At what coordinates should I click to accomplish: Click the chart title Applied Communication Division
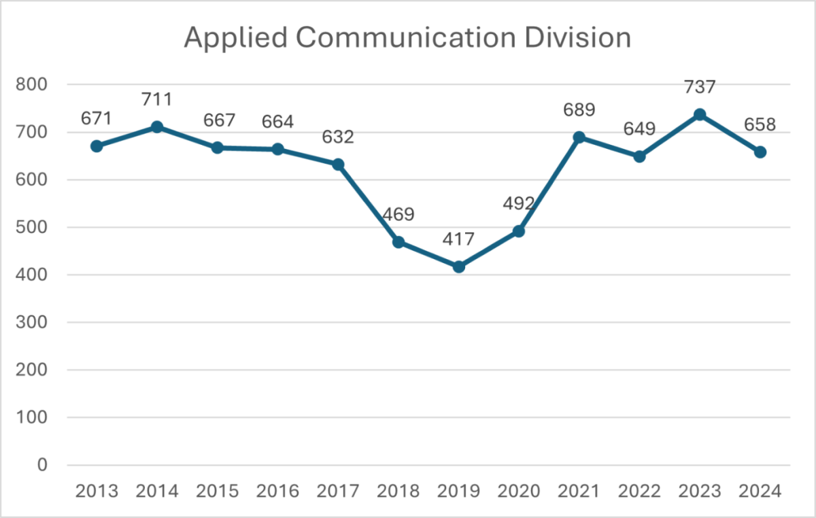click(407, 39)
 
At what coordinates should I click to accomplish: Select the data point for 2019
click(459, 267)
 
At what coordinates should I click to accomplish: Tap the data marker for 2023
click(700, 114)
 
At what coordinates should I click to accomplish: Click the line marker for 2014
click(157, 127)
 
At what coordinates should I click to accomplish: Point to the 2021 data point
click(579, 137)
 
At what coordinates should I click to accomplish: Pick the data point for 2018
click(398, 242)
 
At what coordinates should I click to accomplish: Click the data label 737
click(700, 87)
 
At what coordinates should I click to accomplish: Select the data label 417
click(459, 240)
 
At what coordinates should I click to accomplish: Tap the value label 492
click(520, 205)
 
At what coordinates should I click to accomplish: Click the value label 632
click(338, 137)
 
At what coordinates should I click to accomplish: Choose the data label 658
click(760, 125)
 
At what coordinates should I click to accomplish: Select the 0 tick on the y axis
click(42, 465)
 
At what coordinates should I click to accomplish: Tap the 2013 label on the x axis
click(97, 491)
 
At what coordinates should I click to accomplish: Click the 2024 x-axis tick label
click(760, 491)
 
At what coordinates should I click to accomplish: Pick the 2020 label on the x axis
click(520, 491)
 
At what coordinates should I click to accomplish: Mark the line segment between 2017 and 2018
click(368, 203)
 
